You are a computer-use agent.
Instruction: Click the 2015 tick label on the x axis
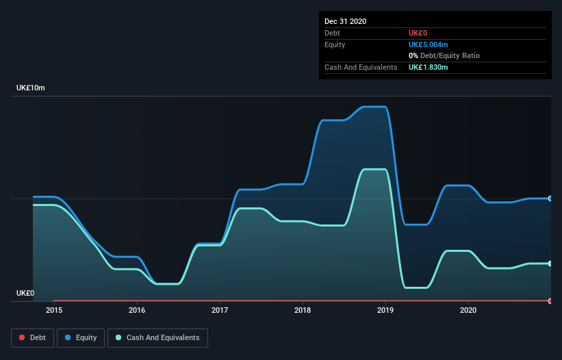coord(54,310)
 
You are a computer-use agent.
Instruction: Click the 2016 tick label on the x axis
coord(137,310)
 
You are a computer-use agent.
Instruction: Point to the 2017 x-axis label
coord(220,310)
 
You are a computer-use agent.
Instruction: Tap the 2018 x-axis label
coord(303,310)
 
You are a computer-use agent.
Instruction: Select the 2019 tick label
coord(385,310)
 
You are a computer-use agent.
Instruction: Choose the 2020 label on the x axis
coord(468,310)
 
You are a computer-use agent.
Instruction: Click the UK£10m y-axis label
coord(31,88)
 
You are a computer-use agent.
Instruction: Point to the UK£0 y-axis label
coord(25,293)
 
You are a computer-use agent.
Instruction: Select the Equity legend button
coord(81,337)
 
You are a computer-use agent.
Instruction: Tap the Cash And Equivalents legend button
coord(157,337)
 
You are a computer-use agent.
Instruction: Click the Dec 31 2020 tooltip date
coord(345,21)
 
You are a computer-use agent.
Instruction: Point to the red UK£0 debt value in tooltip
coord(418,33)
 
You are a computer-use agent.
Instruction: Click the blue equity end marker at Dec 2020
coord(550,198)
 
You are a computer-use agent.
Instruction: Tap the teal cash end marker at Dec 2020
coord(550,263)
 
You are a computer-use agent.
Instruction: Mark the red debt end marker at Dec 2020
coord(550,300)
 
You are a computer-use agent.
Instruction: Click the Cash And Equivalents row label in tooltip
coord(361,67)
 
